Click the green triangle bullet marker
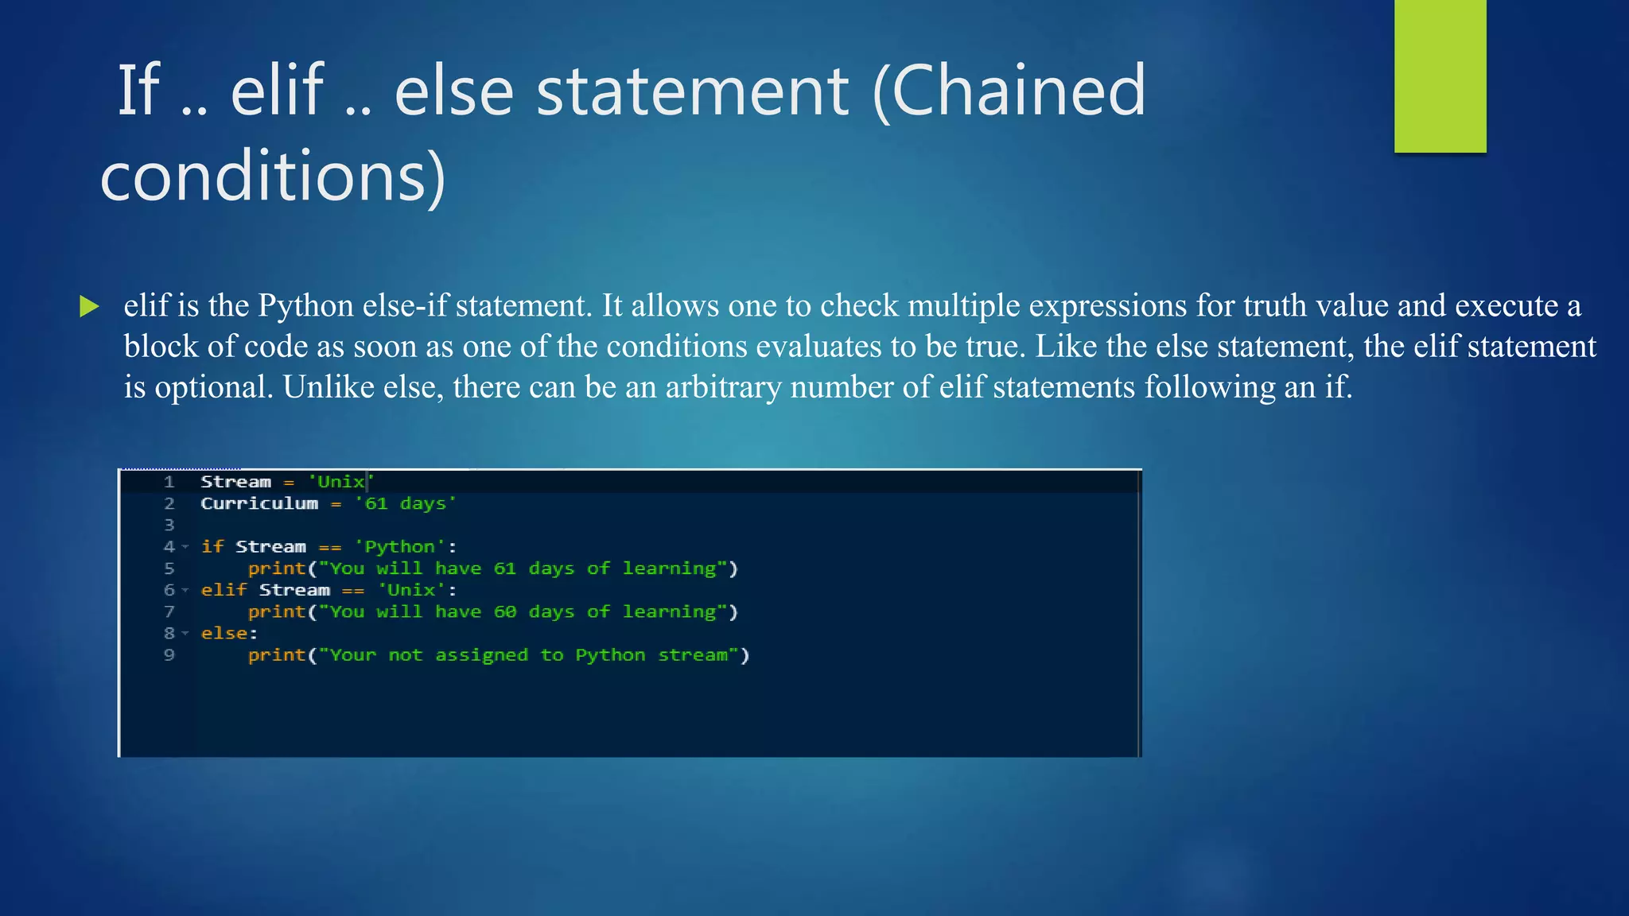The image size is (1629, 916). point(89,306)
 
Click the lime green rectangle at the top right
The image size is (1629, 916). point(1440,76)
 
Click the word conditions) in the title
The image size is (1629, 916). point(273,176)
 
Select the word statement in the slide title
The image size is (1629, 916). point(692,91)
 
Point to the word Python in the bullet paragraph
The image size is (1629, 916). point(305,306)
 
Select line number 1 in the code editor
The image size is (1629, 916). point(169,482)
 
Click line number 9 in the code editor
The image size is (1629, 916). point(169,655)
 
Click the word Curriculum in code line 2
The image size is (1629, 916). point(259,503)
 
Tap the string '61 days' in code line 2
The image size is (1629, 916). point(406,503)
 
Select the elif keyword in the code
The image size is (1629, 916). point(224,590)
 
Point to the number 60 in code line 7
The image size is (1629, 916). point(505,612)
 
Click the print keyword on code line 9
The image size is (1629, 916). point(277,655)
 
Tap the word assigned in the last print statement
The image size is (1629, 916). point(481,655)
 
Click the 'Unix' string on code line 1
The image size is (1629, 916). point(340,482)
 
